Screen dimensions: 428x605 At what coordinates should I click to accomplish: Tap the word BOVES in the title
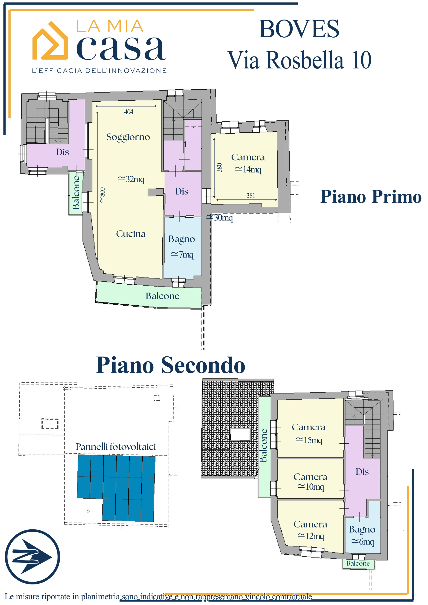[x=299, y=29]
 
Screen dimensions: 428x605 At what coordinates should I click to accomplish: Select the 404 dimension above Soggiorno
[x=129, y=112]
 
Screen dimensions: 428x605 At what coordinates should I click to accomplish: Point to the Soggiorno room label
[x=128, y=137]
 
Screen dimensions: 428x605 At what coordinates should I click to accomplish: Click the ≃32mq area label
[x=131, y=179]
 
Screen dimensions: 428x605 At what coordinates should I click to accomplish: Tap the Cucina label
[x=131, y=234]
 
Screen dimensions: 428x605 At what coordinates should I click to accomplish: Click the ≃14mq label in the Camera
[x=248, y=169]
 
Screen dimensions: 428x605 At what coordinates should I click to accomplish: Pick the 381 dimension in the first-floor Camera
[x=250, y=195]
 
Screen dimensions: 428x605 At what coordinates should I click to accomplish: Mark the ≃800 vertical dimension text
[x=102, y=195]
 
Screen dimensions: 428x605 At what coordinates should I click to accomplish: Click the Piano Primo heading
[x=371, y=197]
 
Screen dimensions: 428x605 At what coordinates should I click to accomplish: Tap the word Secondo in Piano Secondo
[x=203, y=365]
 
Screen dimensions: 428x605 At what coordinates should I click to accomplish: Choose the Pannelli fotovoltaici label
[x=116, y=446]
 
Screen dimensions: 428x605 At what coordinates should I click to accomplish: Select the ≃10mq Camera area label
[x=310, y=486]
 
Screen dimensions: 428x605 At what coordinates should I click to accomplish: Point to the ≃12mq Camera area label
[x=310, y=536]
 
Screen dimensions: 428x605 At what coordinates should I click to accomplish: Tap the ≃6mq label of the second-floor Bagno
[x=362, y=541]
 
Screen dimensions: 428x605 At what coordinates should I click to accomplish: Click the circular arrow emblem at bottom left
[x=32, y=557]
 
